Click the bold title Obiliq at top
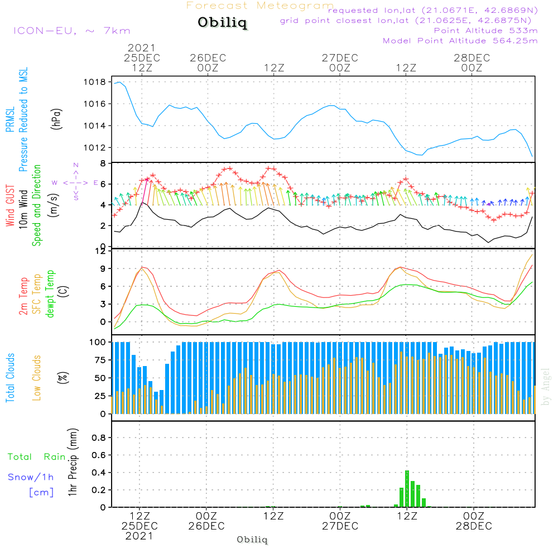click(222, 23)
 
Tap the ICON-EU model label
click(71, 31)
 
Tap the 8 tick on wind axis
click(103, 163)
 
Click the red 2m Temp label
click(23, 296)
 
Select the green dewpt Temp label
click(50, 295)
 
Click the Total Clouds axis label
click(10, 378)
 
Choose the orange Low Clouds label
click(37, 378)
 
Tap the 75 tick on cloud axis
click(98, 360)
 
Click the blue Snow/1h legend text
click(31, 477)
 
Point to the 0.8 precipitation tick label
click(99, 438)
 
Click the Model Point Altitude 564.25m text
click(460, 41)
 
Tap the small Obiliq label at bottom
click(252, 540)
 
